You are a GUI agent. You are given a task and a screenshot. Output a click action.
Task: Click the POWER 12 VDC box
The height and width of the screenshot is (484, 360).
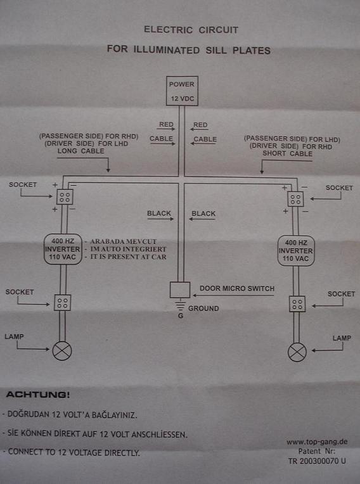coord(182,91)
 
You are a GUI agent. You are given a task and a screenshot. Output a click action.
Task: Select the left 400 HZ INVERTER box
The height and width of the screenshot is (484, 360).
coord(63,249)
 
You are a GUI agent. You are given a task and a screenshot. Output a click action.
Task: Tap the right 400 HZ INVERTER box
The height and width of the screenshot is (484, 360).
coord(296,251)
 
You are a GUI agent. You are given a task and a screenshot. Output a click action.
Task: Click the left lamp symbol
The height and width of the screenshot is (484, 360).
coord(62,351)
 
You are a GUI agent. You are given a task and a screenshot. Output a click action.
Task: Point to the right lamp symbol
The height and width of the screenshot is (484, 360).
coord(297,352)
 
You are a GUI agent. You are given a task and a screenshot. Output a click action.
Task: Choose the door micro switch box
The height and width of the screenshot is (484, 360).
coord(180,290)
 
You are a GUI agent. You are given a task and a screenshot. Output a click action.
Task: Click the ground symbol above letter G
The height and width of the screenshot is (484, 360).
coord(180,304)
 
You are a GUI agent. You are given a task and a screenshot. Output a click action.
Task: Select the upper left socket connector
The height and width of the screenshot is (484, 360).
coord(65,197)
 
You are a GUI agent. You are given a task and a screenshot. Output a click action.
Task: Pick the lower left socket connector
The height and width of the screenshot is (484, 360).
coord(62,303)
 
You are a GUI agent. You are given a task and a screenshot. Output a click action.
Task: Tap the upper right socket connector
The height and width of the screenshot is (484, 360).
coord(295,199)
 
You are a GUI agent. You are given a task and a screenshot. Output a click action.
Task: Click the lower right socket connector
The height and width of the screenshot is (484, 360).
coord(297,304)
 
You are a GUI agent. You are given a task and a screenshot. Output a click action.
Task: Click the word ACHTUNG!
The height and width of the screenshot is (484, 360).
coord(38,395)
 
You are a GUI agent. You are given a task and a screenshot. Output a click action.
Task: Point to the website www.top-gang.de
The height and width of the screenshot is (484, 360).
coord(317,442)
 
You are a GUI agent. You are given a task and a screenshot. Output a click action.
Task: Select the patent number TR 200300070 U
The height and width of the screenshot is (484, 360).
coord(317,461)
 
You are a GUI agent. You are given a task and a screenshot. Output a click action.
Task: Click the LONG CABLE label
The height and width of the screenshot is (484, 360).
coord(81,151)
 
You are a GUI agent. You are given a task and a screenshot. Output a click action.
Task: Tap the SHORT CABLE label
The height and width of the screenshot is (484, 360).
coord(288,153)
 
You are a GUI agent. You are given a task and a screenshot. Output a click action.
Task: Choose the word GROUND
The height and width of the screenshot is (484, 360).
coord(203,309)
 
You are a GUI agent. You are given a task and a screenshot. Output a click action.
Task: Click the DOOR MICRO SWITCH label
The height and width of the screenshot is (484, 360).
coord(237,289)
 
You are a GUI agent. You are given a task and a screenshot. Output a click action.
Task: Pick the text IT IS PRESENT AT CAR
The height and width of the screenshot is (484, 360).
coord(128,257)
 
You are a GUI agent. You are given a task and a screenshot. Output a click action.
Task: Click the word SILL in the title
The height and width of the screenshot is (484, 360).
coord(216,50)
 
